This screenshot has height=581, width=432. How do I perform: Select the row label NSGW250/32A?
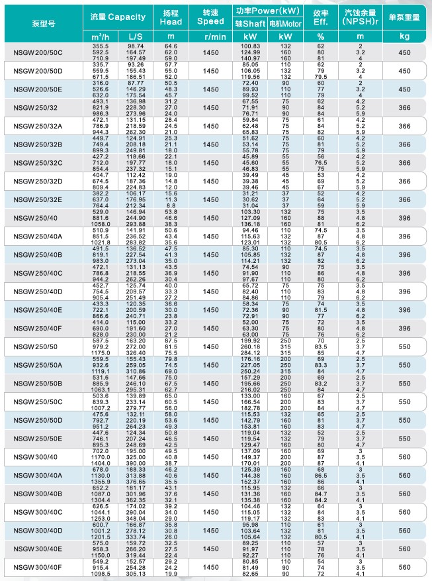tap(38, 126)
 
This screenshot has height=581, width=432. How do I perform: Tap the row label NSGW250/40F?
tap(38, 328)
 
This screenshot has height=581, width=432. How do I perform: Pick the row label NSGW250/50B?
tap(38, 383)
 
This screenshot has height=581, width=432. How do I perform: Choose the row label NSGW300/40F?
tap(38, 567)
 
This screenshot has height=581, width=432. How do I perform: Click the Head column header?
tap(171, 18)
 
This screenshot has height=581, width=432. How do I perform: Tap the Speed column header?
tap(210, 18)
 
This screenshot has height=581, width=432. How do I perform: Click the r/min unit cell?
tap(210, 36)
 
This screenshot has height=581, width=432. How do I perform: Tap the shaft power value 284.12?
tap(251, 353)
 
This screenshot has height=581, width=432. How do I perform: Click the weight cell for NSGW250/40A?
tap(404, 236)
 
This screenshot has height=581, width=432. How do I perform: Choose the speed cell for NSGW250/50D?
tap(210, 420)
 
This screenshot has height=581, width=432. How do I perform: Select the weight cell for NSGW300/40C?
tap(404, 512)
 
